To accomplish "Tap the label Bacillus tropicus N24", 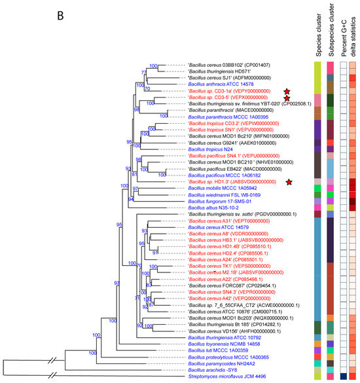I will tap(210, 149).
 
